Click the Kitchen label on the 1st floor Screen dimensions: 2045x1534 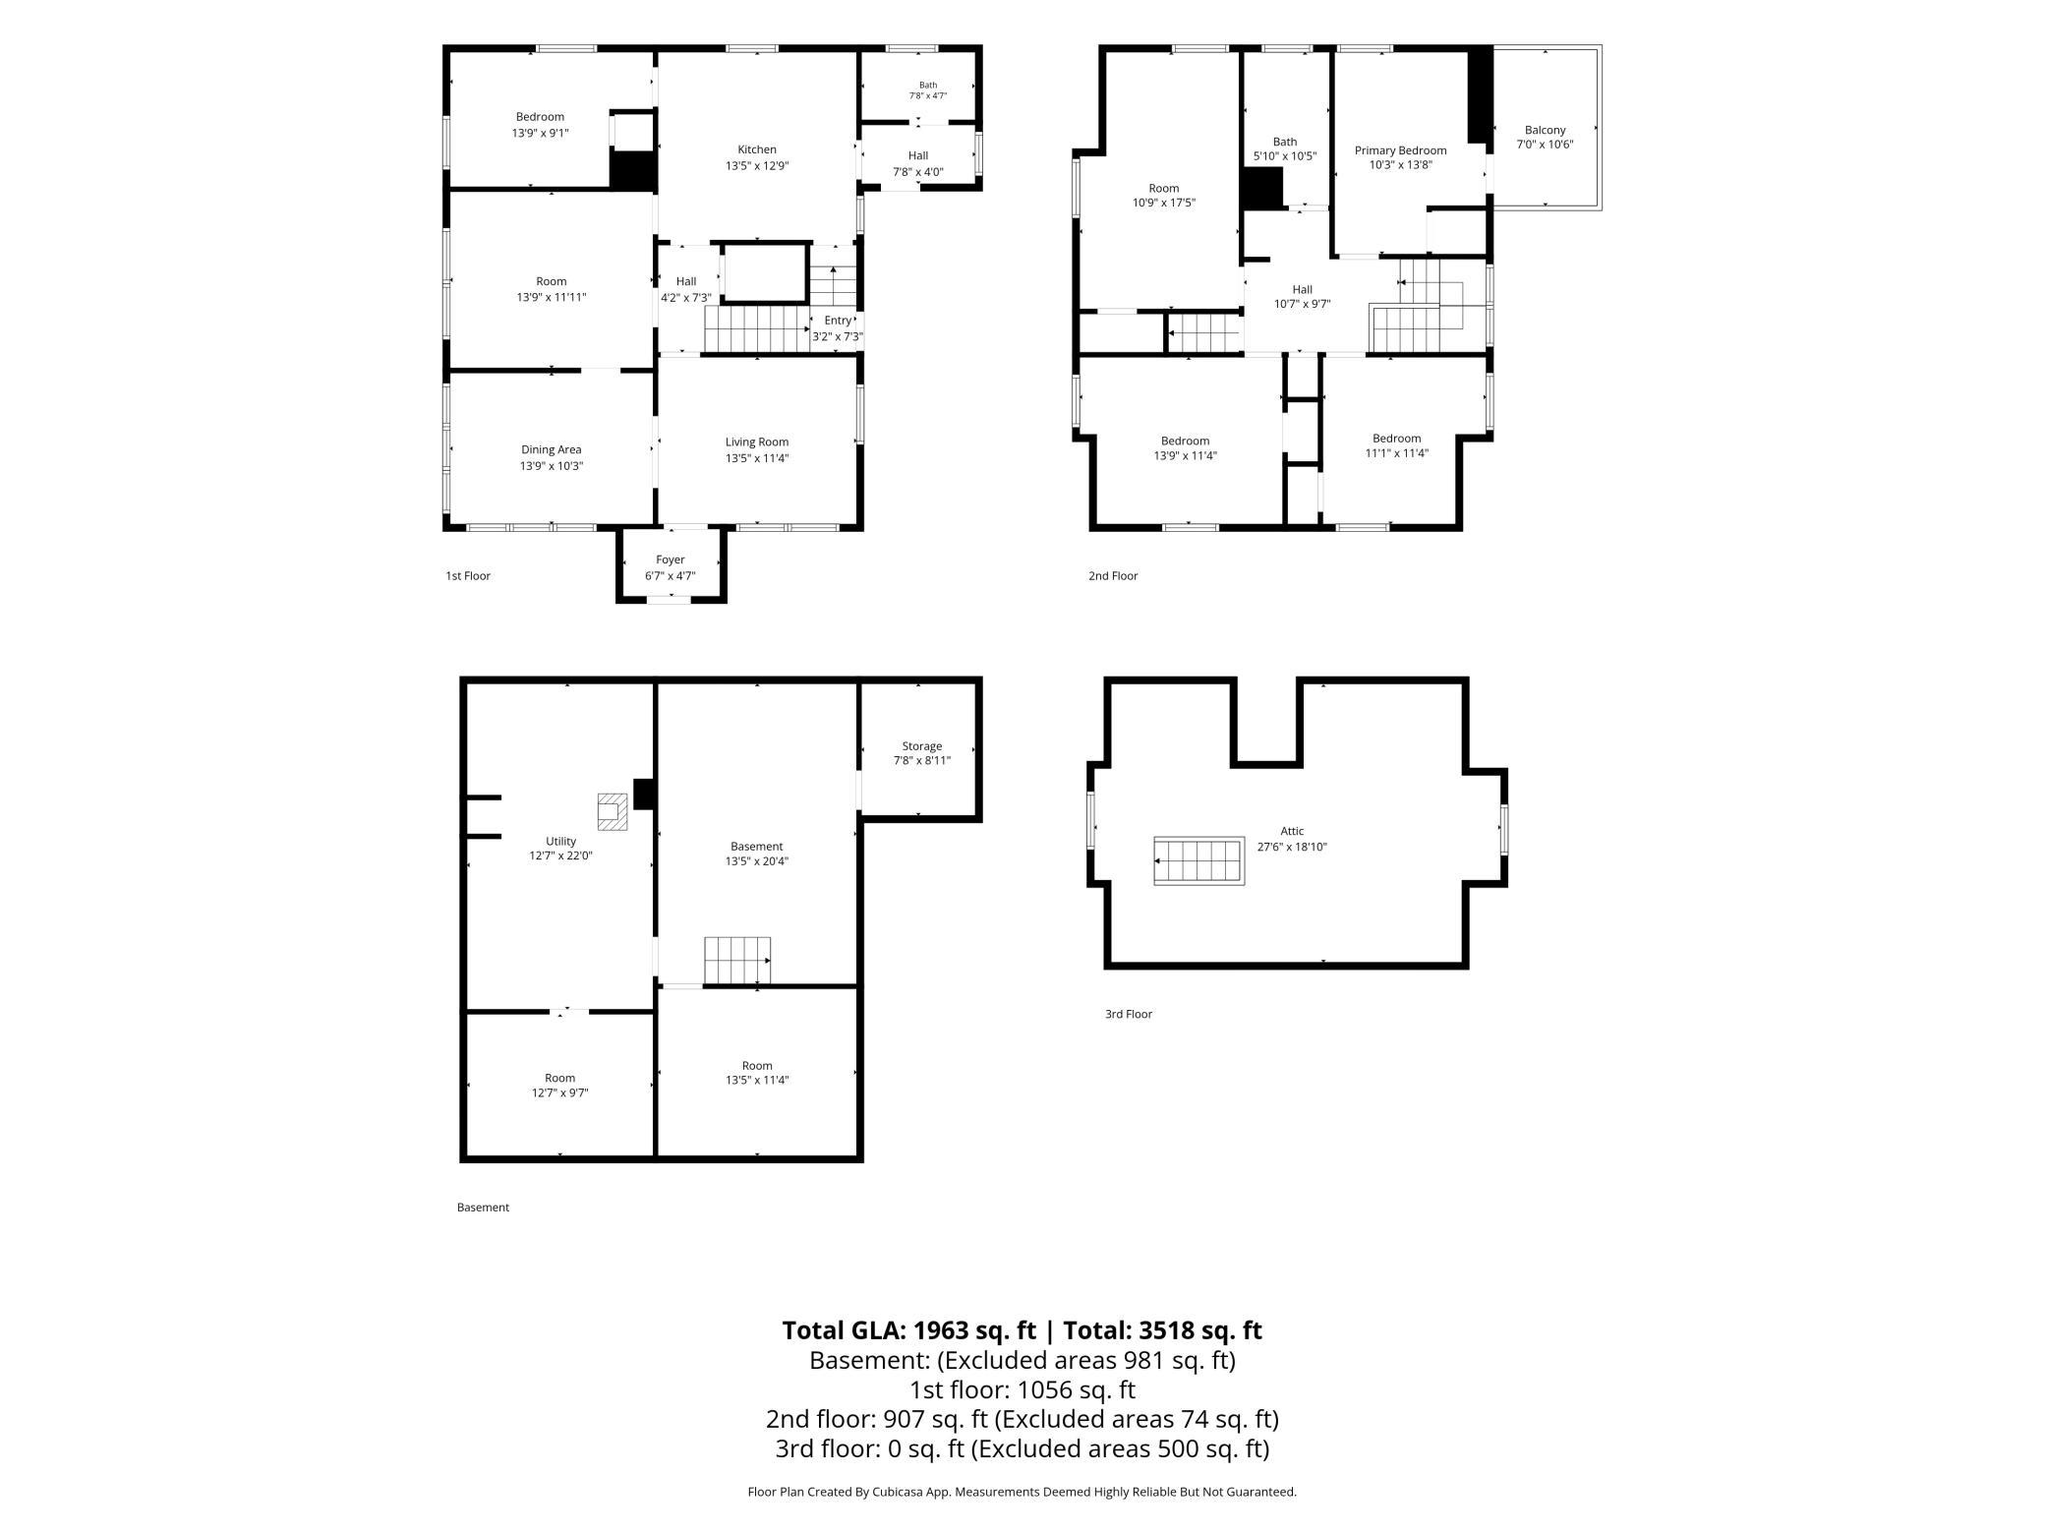coord(757,149)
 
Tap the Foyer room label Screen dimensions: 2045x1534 coord(671,560)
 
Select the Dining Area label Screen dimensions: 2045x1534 coord(552,449)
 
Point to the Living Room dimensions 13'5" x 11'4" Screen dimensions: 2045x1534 coord(757,457)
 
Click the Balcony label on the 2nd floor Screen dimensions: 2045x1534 coord(1546,130)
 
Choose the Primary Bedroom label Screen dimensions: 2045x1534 coord(1401,150)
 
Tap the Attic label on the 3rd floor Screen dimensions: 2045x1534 coord(1292,831)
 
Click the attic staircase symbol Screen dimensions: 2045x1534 coord(1199,861)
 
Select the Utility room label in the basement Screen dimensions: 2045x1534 coord(561,841)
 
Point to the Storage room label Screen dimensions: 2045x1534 coord(922,745)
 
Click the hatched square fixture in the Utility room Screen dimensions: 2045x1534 coord(613,812)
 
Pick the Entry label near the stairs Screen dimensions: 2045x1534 coord(838,321)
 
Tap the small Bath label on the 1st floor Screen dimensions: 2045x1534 coord(928,85)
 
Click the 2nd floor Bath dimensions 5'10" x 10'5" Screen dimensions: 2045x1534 coord(1285,156)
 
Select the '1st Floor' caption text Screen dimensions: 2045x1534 coord(468,576)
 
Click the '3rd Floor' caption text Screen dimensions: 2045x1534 coord(1129,1014)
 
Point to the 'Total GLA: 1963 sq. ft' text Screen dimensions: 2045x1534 coord(909,1330)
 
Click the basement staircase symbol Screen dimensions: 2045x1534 coord(737,960)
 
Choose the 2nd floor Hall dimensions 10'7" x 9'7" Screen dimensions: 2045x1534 coord(1303,305)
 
